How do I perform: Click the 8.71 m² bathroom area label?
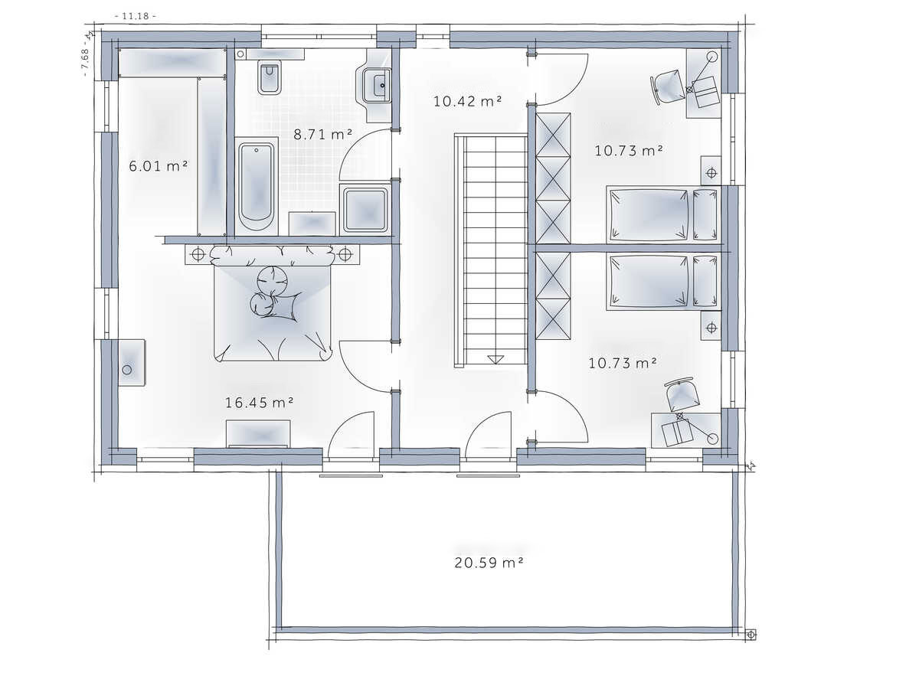[x=322, y=134]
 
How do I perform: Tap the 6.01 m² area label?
[x=158, y=166]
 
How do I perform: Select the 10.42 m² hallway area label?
[x=467, y=101]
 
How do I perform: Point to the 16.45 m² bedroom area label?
[x=259, y=403]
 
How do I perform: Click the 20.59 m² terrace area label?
[x=489, y=563]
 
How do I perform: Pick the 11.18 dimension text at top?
[x=136, y=16]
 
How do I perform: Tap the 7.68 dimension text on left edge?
[x=85, y=59]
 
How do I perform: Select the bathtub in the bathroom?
[x=257, y=187]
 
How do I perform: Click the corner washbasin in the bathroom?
[x=375, y=86]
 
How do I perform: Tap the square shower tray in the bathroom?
[x=365, y=210]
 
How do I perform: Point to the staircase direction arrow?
[x=495, y=359]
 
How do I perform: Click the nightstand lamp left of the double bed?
[x=198, y=254]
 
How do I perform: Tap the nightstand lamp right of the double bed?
[x=345, y=254]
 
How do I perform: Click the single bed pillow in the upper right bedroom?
[x=705, y=215]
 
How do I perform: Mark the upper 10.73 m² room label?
[x=629, y=151]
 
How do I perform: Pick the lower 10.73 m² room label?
[x=622, y=363]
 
